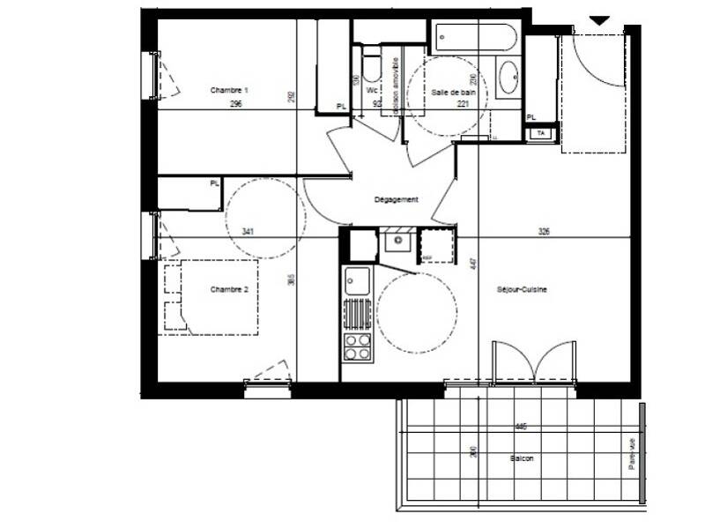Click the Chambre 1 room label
click(229, 90)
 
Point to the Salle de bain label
click(454, 91)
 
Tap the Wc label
click(372, 90)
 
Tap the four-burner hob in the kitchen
click(357, 346)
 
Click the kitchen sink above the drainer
click(358, 282)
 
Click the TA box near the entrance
click(542, 133)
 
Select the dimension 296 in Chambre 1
click(235, 104)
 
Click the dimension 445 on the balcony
click(521, 427)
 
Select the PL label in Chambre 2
click(214, 183)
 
